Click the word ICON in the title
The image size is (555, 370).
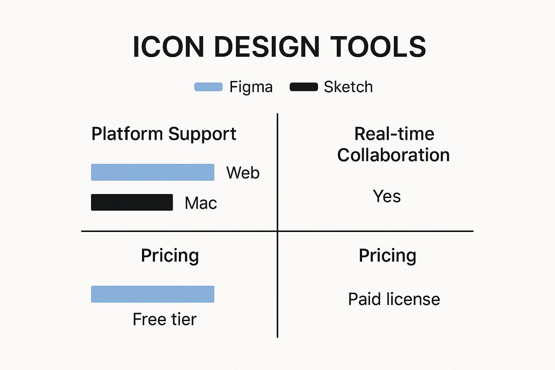(168, 47)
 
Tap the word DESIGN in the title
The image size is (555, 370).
(267, 47)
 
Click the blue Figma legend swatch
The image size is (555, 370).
(208, 87)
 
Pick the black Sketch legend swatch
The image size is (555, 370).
(304, 87)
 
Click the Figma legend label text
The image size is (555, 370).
(251, 87)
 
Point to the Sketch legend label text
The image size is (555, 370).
(348, 87)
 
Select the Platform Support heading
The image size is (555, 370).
(164, 134)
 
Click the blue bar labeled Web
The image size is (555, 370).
(152, 172)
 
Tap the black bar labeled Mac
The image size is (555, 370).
(132, 202)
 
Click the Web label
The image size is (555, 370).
(243, 172)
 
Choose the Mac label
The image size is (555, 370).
(201, 203)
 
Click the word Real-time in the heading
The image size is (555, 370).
(394, 134)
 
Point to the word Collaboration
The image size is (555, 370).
(393, 155)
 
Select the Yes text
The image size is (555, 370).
(387, 196)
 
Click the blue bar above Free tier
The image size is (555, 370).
(152, 294)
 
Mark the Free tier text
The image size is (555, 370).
(164, 319)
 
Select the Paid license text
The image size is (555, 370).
(394, 299)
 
